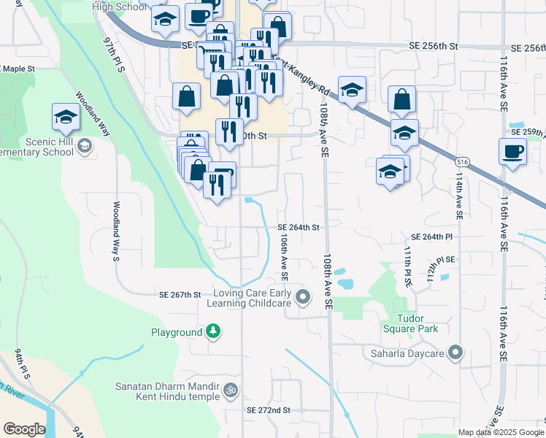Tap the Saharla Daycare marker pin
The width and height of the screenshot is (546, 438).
click(x=456, y=353)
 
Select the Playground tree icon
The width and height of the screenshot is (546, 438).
click(x=212, y=332)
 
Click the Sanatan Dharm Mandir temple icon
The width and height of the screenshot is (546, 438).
click(x=231, y=391)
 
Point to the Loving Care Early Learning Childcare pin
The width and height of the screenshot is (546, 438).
click(x=304, y=297)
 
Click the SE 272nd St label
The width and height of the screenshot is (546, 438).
click(x=269, y=410)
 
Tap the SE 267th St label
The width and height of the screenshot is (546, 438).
click(x=180, y=295)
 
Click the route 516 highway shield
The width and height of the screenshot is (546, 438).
click(x=461, y=161)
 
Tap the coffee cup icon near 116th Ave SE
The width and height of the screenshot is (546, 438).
click(x=512, y=153)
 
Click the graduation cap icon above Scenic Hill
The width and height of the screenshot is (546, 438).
click(x=66, y=118)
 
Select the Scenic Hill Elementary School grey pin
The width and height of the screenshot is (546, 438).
click(x=85, y=146)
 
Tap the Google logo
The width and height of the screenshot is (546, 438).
click(x=23, y=429)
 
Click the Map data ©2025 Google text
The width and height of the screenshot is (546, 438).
click(x=500, y=432)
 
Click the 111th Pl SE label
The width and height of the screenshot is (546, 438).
click(x=408, y=266)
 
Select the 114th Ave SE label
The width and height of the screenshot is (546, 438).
click(x=458, y=197)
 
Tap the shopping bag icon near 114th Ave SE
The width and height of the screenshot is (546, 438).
click(x=401, y=100)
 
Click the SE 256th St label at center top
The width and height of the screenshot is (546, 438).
click(x=433, y=46)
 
